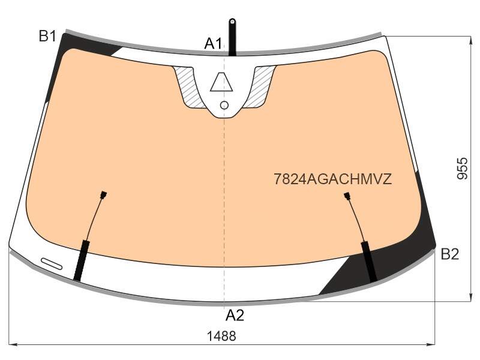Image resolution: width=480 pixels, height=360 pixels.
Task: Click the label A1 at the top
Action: coord(213,43)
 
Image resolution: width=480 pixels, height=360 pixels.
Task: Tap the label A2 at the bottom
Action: coord(235,315)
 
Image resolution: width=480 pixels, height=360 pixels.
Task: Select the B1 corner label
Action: coord(47,36)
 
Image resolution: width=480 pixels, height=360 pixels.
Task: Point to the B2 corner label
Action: coord(449,254)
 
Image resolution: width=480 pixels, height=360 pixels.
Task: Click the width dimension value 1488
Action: coord(221,336)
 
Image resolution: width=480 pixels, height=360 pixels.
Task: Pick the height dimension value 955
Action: coord(462,168)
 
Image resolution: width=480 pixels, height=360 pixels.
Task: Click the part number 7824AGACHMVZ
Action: coord(333,179)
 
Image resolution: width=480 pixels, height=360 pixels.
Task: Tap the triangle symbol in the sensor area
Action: coord(221,82)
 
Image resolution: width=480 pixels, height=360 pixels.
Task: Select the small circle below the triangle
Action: coord(224,106)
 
